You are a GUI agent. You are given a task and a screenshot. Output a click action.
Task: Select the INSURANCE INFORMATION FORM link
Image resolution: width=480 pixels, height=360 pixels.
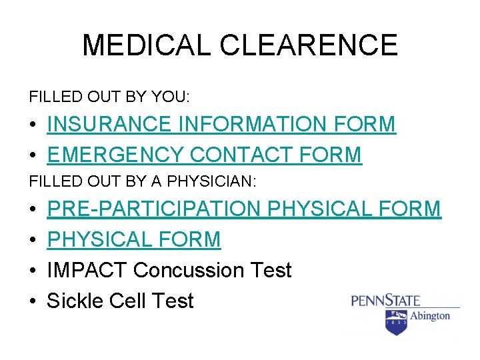(221, 124)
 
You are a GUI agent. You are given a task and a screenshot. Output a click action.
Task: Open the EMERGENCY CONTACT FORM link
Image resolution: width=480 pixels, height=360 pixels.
(204, 155)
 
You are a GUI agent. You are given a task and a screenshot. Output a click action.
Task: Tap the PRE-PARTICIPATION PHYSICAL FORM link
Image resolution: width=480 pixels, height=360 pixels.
(244, 209)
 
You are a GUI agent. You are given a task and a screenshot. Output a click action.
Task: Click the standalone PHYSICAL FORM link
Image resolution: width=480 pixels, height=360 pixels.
(133, 239)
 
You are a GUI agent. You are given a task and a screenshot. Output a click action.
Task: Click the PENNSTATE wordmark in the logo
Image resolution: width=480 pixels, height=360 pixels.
(381, 301)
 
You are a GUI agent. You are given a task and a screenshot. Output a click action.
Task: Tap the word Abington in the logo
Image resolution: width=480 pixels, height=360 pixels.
(429, 315)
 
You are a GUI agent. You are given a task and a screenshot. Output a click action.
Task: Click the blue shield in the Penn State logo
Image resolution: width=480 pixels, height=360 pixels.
(395, 321)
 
